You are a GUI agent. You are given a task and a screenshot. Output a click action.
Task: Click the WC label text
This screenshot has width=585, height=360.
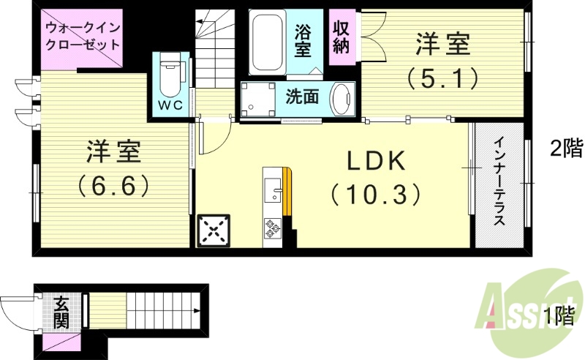click(170, 105)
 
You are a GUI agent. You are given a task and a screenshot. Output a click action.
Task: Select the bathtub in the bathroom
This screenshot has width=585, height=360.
click(267, 42)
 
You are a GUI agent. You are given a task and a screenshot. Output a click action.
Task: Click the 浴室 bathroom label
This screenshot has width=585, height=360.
click(303, 41)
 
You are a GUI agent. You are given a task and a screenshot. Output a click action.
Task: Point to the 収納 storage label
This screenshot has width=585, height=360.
click(341, 37)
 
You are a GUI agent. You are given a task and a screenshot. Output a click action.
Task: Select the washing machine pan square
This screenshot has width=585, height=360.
click(257, 100)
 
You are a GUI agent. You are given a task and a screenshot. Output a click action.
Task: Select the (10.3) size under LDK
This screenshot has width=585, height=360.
click(376, 193)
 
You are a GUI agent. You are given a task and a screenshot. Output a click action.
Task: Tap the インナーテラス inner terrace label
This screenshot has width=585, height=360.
click(499, 183)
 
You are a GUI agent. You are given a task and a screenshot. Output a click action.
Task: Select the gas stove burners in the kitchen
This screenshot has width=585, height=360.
click(273, 228)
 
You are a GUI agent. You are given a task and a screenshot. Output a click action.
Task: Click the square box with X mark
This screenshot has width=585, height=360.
click(214, 231)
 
